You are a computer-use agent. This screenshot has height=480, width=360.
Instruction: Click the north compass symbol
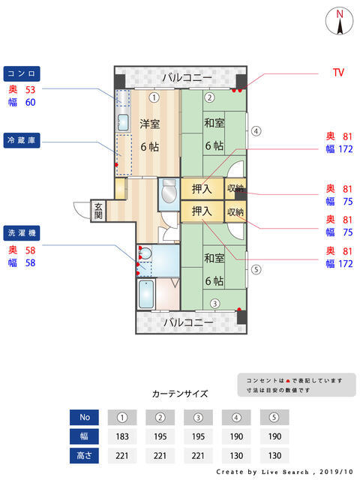(340, 20)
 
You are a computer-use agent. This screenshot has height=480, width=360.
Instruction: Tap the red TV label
(338, 73)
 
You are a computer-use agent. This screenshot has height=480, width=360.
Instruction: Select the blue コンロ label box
(21, 73)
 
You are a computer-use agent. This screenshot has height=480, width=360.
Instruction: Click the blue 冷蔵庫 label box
(21, 141)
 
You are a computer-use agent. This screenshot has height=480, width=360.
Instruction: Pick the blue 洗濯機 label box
(21, 232)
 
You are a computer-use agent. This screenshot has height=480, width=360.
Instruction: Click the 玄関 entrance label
(98, 210)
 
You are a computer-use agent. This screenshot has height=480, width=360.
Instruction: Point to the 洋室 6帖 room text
(149, 135)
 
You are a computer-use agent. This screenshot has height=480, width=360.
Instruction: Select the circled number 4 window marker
(256, 130)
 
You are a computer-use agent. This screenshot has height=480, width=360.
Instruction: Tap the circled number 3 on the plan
(214, 304)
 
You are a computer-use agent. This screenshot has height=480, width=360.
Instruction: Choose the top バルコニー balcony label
(182, 77)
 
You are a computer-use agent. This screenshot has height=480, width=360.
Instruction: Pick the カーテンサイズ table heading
(180, 393)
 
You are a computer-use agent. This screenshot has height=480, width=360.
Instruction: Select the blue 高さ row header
(84, 454)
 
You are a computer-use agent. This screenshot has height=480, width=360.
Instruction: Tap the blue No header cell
(84, 417)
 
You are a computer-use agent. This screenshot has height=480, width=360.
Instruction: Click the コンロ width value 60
(31, 102)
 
